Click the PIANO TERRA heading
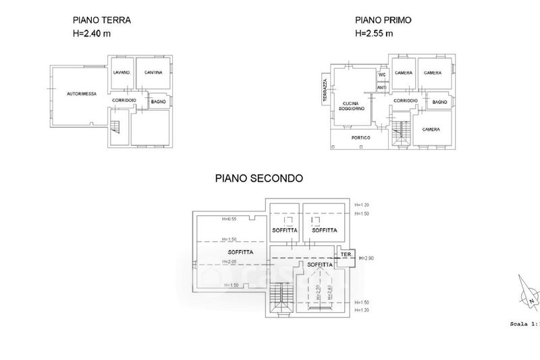pos(101,20)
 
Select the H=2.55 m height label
pos(374,32)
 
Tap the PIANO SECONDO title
pos(259,179)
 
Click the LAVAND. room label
pos(122,72)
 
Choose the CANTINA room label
pos(153,72)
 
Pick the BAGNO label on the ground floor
pos(159,102)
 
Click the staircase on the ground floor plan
pos(116,126)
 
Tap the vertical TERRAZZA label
pos(325,91)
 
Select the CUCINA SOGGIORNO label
pos(352,105)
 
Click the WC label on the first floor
pos(381,74)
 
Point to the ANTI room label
pos(381,87)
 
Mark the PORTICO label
pos(361,138)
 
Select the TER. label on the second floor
pos(347,255)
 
